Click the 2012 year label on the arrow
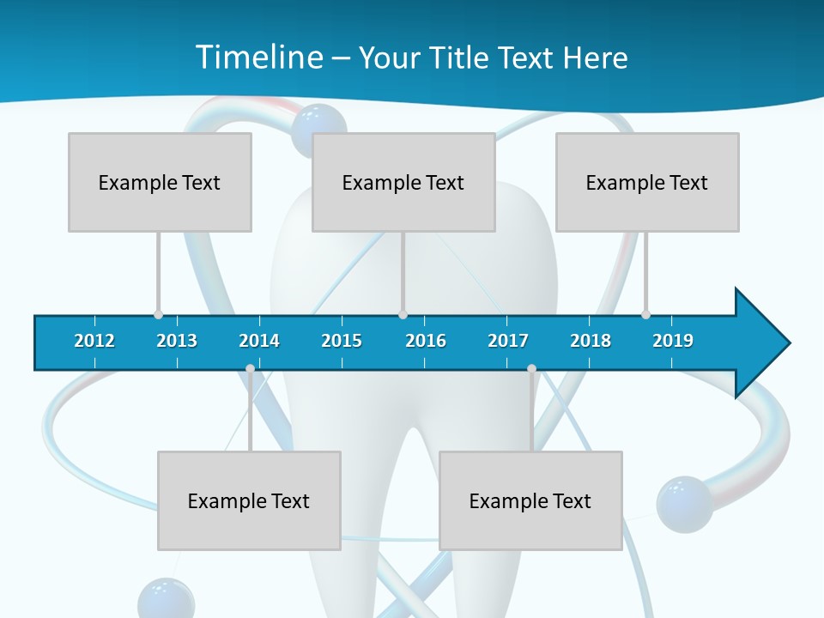click(94, 341)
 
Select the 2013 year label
click(177, 341)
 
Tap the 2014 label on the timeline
click(259, 341)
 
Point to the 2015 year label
click(342, 341)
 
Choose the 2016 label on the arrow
click(426, 341)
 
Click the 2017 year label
click(508, 341)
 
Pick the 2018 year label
click(591, 341)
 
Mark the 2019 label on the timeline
click(673, 341)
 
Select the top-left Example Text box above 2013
click(160, 182)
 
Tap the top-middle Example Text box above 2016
click(403, 182)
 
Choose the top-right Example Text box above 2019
click(647, 182)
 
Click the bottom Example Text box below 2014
click(249, 500)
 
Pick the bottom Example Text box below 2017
click(530, 500)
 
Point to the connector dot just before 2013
click(158, 314)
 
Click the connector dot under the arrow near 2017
click(531, 369)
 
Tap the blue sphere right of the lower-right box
click(684, 504)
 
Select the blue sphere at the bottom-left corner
click(166, 599)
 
